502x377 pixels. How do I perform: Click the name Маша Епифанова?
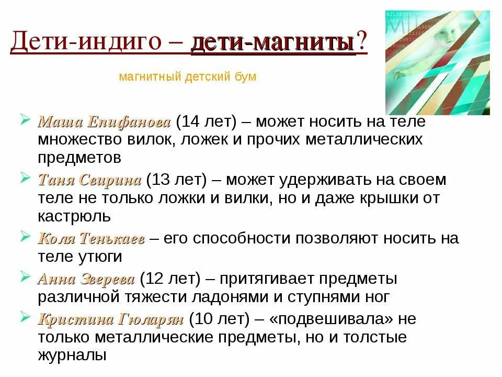(104, 123)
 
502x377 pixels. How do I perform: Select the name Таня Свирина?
(89, 181)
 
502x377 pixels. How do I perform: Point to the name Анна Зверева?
(86, 279)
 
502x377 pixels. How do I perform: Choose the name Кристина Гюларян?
(110, 318)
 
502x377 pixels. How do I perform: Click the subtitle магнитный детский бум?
(188, 77)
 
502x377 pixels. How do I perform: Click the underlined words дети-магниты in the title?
(272, 43)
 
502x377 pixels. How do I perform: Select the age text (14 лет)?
(207, 123)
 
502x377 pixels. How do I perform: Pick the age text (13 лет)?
(177, 181)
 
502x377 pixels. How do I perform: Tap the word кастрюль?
(74, 216)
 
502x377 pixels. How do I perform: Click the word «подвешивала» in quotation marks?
(326, 318)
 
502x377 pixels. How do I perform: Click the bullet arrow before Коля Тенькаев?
(25, 237)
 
